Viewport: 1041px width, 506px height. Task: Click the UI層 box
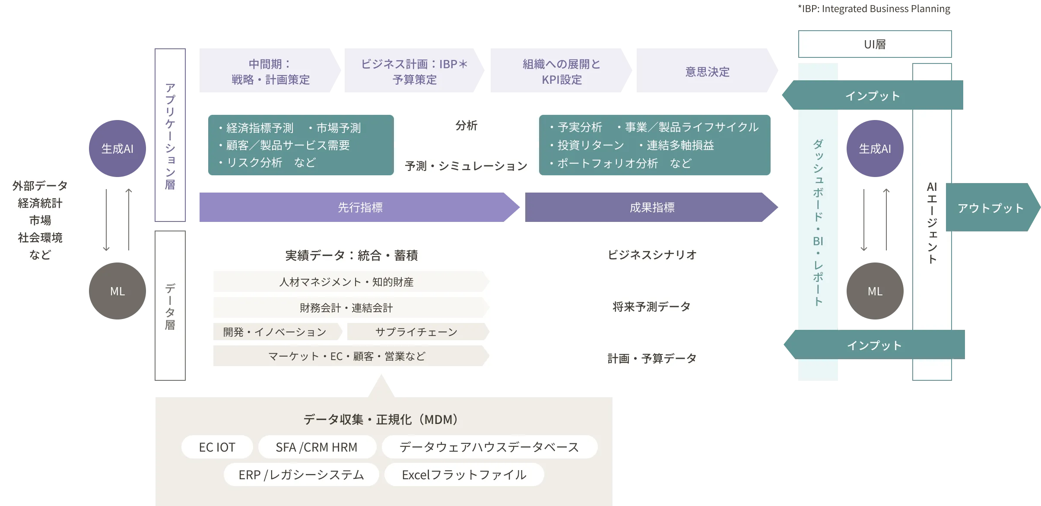(x=875, y=44)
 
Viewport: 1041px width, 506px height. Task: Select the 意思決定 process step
(x=707, y=72)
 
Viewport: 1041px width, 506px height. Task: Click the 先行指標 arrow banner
(x=359, y=208)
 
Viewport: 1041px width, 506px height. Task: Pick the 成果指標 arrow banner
(x=652, y=208)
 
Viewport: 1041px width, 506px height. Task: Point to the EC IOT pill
(x=217, y=447)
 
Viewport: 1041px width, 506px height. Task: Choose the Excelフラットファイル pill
(x=464, y=475)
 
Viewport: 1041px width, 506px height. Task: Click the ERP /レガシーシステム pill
(x=301, y=475)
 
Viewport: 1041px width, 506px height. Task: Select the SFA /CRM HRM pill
(x=317, y=447)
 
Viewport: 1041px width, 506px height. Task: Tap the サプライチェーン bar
(x=416, y=332)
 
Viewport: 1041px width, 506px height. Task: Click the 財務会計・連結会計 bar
(x=346, y=308)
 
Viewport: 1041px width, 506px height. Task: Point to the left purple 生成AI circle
(x=117, y=149)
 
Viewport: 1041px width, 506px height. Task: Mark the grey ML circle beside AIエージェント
(x=875, y=291)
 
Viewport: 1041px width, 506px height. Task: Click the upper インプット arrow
(x=873, y=95)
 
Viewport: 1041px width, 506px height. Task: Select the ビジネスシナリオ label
(x=652, y=255)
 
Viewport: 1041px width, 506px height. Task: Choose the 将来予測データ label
(x=652, y=307)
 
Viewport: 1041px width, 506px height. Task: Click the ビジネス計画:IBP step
(x=414, y=72)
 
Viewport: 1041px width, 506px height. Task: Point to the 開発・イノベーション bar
(x=275, y=332)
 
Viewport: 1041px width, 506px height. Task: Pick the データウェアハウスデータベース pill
(x=489, y=447)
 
